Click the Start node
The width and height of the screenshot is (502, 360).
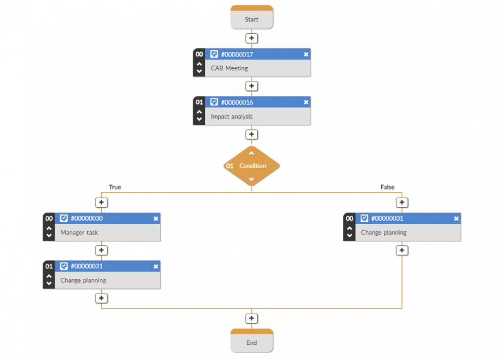[251, 19]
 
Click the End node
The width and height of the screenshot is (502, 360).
[251, 342]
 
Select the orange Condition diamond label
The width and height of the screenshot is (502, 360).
[253, 166]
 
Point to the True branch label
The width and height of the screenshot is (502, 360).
[115, 187]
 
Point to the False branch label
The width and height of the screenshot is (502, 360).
[387, 187]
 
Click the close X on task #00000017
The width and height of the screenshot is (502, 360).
[306, 55]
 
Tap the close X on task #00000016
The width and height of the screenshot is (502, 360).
[306, 102]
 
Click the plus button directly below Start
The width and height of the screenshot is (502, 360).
[252, 38]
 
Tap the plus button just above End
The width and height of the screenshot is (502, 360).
[252, 319]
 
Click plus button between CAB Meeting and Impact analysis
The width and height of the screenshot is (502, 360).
[252, 86]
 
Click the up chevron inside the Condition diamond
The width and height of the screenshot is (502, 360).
[252, 153]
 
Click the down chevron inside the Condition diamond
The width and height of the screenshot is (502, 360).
[252, 179]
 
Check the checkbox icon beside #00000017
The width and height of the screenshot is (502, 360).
[214, 55]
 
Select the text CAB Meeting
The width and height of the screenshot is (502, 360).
[229, 68]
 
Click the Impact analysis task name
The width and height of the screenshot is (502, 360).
[232, 117]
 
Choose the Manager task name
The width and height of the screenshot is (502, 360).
[79, 233]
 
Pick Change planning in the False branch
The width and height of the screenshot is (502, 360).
[383, 233]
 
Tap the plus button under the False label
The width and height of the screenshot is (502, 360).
[402, 203]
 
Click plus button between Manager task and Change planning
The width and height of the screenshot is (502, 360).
[101, 250]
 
